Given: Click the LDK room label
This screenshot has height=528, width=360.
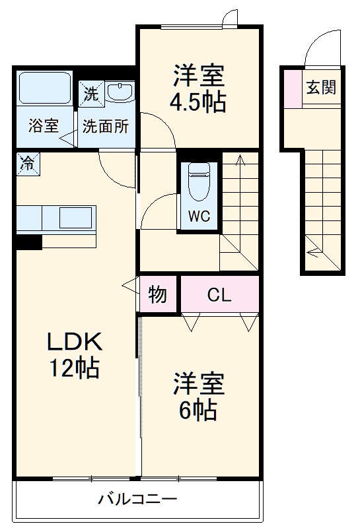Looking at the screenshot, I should [73, 341].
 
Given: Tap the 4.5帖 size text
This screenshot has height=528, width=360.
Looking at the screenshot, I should [199, 102].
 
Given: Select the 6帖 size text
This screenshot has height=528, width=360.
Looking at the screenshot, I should [198, 411].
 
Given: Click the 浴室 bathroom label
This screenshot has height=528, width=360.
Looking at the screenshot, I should [44, 126].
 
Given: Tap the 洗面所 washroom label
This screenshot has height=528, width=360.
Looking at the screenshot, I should [105, 126].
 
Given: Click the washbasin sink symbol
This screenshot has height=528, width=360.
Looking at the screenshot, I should [120, 92].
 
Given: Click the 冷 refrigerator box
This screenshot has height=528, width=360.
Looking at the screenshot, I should [27, 162].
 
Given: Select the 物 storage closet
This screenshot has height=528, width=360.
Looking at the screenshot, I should [157, 294].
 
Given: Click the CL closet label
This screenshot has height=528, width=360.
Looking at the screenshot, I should [219, 294].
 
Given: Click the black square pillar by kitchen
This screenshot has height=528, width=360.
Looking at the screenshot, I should [29, 242].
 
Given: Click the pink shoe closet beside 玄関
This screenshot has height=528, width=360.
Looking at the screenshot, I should [291, 87].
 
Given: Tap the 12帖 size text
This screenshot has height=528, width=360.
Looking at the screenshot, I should [73, 368].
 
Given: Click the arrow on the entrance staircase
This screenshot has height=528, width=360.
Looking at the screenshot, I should [314, 251].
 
